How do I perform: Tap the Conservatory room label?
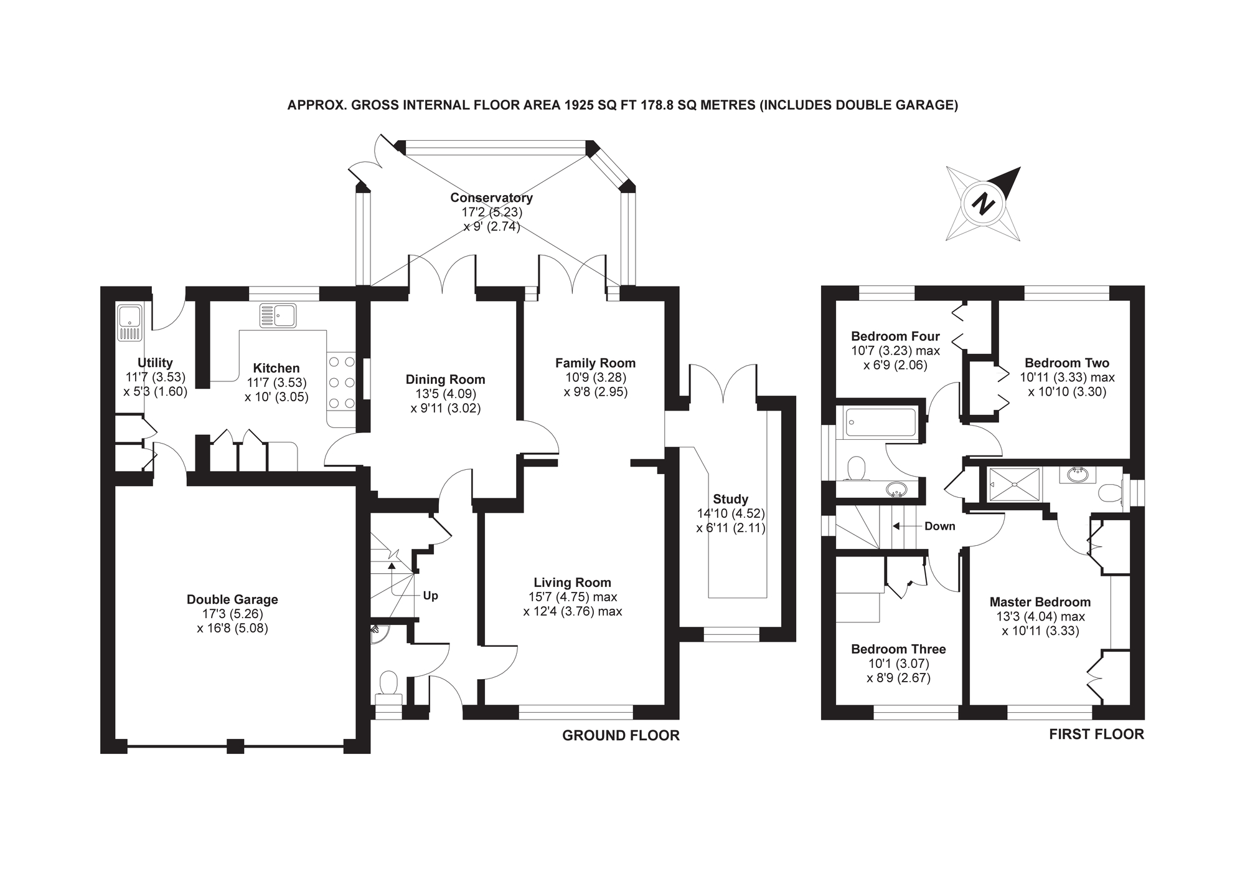(491, 198)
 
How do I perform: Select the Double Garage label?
(232, 599)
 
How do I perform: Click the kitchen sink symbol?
(278, 316)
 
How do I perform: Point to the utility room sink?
(130, 323)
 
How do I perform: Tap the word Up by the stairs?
(430, 596)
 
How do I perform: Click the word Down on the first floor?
(939, 526)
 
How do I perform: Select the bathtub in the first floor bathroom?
(880, 422)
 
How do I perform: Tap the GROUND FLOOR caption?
(621, 735)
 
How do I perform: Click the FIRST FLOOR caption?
(1096, 734)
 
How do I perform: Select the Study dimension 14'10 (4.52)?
(731, 513)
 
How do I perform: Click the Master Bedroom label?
(1040, 602)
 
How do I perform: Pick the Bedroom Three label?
(898, 649)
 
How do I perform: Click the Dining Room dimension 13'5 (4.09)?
(446, 394)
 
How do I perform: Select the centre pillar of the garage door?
(235, 746)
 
